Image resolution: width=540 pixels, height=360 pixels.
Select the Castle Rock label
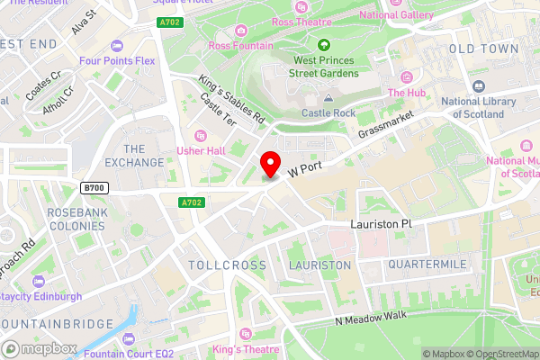(328, 113)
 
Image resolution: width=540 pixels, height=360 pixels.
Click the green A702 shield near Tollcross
(190, 203)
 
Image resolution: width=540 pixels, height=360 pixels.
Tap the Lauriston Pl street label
(380, 223)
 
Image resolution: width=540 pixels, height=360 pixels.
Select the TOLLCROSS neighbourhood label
(228, 265)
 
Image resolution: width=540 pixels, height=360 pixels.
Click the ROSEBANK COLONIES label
(76, 221)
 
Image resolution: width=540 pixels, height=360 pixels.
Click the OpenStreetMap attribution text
(500, 353)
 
